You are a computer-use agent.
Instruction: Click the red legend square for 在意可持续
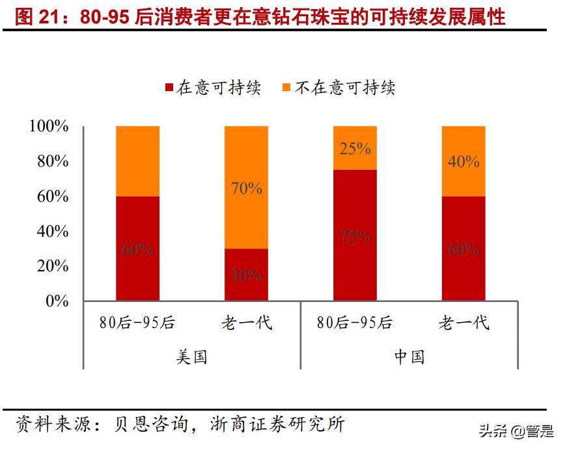click(169, 88)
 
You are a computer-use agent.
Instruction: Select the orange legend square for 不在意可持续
click(287, 88)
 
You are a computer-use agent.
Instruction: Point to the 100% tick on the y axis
click(49, 126)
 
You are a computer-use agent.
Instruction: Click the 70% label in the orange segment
click(246, 189)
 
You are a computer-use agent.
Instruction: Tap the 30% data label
click(246, 275)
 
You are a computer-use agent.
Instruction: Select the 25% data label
click(355, 148)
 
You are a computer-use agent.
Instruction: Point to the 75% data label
click(355, 236)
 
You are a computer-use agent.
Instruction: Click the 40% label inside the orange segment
click(463, 161)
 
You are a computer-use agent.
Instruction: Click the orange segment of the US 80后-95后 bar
click(137, 161)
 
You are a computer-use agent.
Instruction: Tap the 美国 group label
click(191, 357)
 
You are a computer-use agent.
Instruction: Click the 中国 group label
click(409, 357)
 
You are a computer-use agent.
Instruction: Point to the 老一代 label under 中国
click(463, 323)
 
